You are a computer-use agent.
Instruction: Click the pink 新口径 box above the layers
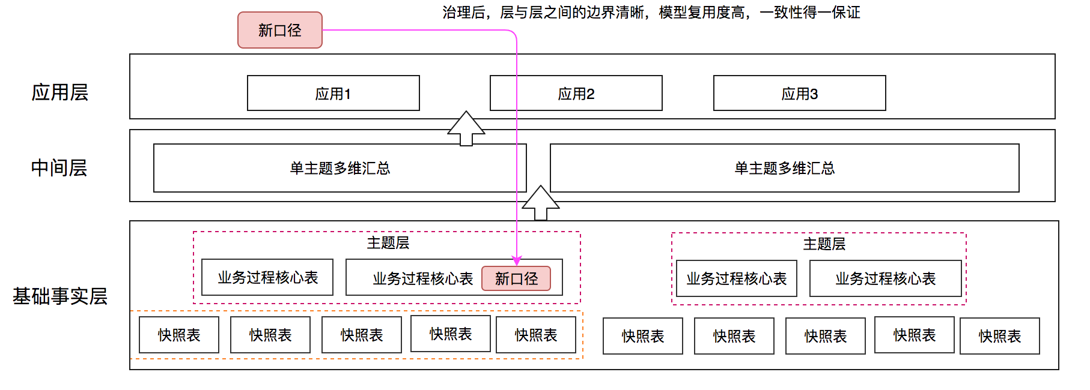point(280,30)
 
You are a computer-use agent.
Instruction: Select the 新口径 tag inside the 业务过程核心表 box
point(516,278)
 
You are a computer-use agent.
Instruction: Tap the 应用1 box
point(333,93)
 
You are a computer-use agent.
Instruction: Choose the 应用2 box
point(576,93)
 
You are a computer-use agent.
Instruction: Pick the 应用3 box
point(800,93)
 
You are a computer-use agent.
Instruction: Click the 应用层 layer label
point(60,92)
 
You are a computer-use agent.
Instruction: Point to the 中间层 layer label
point(59,168)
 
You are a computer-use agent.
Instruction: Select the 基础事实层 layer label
point(60,296)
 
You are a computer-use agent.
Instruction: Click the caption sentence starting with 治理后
point(651,13)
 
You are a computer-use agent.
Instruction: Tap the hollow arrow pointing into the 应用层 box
point(466,128)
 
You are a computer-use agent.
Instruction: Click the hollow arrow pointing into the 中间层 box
point(541,203)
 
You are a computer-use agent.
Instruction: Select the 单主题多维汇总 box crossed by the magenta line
point(340,168)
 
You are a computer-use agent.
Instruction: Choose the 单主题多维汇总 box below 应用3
point(785,168)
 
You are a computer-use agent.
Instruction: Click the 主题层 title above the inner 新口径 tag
point(388,242)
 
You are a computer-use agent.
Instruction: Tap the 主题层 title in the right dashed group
point(824,244)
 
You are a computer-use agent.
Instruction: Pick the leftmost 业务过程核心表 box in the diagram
point(267,277)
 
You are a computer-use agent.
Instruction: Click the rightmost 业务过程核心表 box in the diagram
point(886,278)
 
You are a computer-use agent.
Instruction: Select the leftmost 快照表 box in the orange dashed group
point(179,335)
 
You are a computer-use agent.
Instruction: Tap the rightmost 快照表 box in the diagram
point(1000,336)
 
